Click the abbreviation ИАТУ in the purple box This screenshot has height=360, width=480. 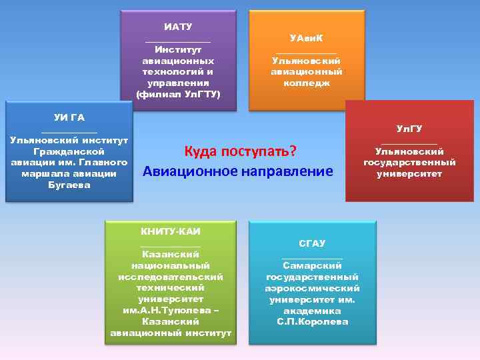coord(177,27)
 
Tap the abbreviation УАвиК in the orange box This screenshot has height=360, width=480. coord(307,38)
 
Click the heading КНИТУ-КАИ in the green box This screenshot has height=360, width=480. coord(171,231)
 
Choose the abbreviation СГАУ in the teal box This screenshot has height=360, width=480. coord(312,243)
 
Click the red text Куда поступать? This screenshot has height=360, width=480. coord(239,151)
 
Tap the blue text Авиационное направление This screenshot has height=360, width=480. coord(238,171)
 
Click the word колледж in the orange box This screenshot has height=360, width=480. coord(307,83)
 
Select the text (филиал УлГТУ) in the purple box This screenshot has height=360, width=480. coord(177,93)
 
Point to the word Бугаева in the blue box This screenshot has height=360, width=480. coord(69,185)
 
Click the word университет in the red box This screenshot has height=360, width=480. coord(409,174)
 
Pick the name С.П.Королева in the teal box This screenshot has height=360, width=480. coord(312,322)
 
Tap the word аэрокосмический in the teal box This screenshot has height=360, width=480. coord(312,288)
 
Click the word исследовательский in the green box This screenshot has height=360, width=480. coord(171,277)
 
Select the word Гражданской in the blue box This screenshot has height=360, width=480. coord(69,151)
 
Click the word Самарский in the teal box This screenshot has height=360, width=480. coord(312,265)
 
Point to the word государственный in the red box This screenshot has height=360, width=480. coord(409,163)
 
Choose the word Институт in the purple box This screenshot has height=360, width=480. coord(177,49)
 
